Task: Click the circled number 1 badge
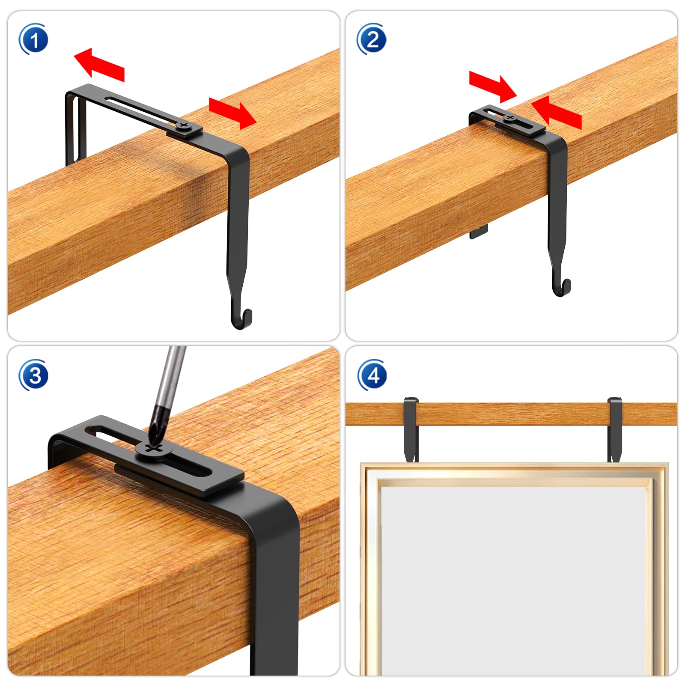point(33,39)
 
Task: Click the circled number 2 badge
point(372,39)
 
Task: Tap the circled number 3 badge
point(33,375)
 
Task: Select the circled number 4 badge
point(372,375)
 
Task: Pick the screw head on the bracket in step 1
point(184,126)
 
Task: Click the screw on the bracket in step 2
point(509,117)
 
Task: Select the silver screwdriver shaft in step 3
point(171,377)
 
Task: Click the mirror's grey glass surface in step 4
point(514,578)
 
